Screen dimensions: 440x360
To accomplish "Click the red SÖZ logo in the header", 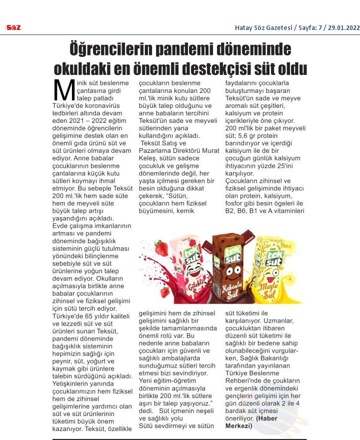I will coord(13,27).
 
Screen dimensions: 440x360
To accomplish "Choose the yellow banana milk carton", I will coord(272,270).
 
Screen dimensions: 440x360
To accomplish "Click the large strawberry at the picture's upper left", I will coord(160,247).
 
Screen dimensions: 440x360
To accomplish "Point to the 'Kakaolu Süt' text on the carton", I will coord(231,290).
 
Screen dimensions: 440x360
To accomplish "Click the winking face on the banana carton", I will coord(273,276).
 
